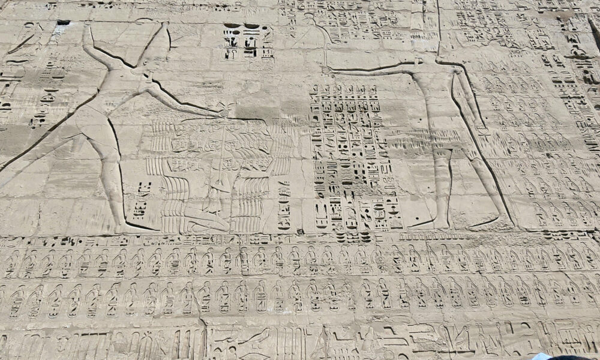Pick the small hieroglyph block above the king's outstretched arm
(248, 41)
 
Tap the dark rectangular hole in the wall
(63, 23)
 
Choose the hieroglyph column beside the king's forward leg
(143, 201)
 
